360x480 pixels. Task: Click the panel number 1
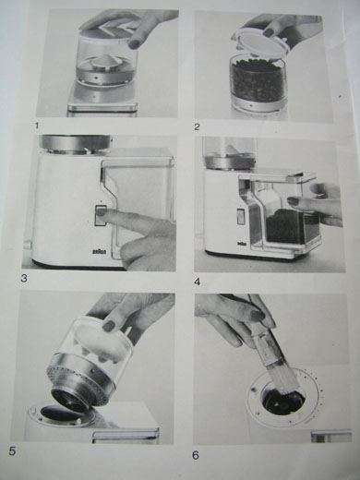38,126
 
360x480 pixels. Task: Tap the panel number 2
197,126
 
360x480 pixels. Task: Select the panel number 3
24,279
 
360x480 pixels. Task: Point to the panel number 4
198,282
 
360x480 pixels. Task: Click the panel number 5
12,451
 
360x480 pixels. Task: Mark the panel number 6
196,455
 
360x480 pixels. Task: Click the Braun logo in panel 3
100,251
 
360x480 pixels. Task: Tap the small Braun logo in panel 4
241,244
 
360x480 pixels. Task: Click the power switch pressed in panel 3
101,215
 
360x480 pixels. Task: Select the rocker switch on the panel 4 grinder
240,217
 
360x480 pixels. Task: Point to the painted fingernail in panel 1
134,44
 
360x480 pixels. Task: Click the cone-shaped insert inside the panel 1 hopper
104,63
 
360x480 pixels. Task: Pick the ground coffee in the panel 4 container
288,226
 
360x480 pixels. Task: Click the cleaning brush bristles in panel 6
281,379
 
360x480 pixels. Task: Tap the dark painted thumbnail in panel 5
108,326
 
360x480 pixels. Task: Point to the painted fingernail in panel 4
293,201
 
